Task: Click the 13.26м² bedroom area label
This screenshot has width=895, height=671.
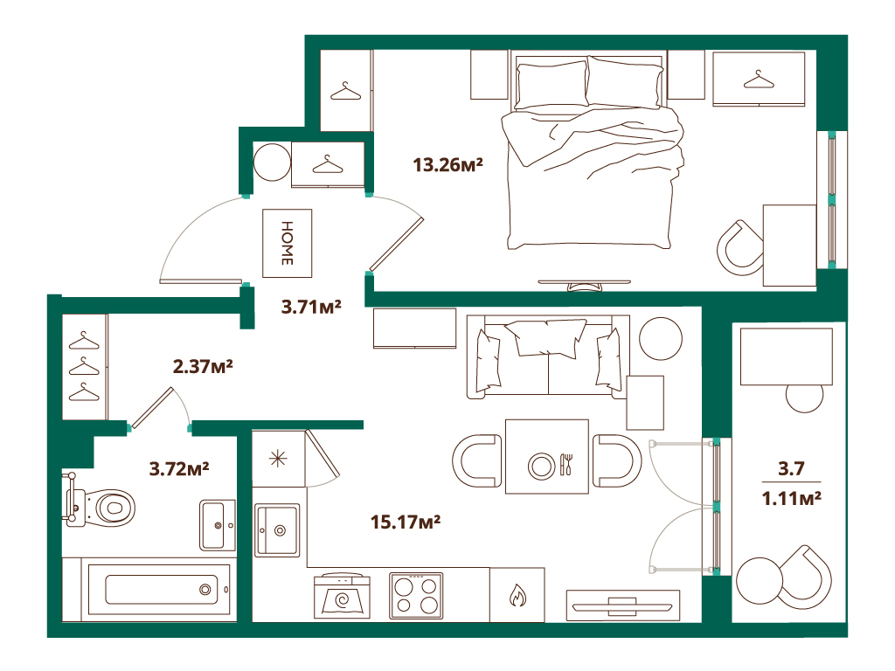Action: click(x=448, y=164)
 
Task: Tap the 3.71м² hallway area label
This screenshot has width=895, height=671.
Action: click(x=310, y=307)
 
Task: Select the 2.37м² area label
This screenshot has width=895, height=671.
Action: click(x=202, y=367)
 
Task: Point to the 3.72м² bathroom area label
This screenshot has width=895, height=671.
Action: click(x=178, y=469)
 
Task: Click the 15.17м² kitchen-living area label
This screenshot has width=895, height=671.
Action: click(x=403, y=522)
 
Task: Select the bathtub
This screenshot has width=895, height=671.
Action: click(x=157, y=589)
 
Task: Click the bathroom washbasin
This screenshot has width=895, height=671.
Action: click(x=218, y=525)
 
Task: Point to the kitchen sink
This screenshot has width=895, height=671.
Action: click(x=278, y=530)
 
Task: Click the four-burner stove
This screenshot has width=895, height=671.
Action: click(x=416, y=596)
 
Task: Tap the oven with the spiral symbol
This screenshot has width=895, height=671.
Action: click(x=342, y=598)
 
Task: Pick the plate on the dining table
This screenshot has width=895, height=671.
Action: click(x=542, y=465)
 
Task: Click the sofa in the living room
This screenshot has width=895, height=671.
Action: click(x=548, y=356)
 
